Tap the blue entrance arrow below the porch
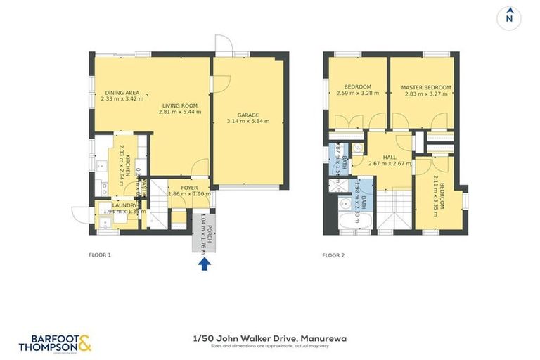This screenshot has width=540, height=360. [204, 264]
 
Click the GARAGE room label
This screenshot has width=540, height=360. [248, 115]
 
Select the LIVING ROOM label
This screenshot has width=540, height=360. [179, 105]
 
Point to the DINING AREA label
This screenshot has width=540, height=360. [122, 93]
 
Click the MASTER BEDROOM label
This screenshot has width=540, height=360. [426, 87]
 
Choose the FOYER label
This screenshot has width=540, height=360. [190, 188]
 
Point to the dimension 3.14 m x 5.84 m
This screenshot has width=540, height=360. [248, 122]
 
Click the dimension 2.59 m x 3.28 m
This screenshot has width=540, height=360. [357, 94]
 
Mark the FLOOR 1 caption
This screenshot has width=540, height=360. [100, 255]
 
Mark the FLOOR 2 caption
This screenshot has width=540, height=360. [333, 255]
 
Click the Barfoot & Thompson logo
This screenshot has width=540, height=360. [55, 342]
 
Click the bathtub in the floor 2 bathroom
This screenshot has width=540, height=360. [347, 225]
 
